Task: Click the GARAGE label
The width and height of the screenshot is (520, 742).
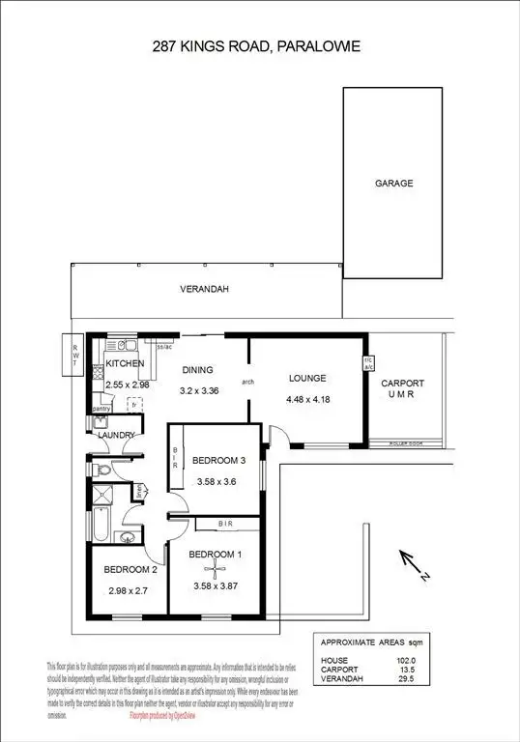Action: pyautogui.click(x=393, y=183)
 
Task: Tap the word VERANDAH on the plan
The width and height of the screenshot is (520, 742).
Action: pyautogui.click(x=204, y=289)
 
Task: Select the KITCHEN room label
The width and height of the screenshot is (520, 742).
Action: pyautogui.click(x=125, y=364)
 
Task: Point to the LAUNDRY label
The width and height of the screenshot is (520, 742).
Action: pyautogui.click(x=115, y=435)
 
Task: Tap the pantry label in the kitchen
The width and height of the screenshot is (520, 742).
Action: pyautogui.click(x=101, y=409)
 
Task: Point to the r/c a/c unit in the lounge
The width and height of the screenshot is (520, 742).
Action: pyautogui.click(x=368, y=364)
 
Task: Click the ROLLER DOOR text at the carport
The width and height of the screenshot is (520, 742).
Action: pyautogui.click(x=405, y=446)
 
